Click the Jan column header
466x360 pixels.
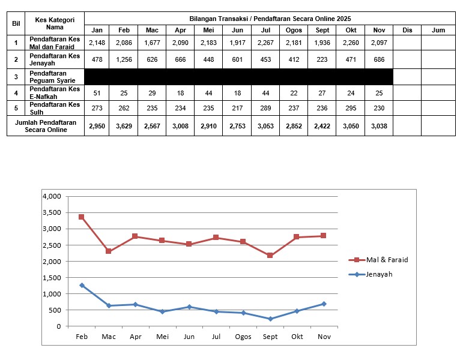click(x=96, y=30)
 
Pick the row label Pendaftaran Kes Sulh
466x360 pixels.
click(x=55, y=109)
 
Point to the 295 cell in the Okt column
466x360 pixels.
click(x=351, y=109)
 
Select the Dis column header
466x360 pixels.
click(x=407, y=30)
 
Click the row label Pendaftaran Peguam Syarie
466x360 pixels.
click(x=55, y=76)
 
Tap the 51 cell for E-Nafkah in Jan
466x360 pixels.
click(x=96, y=92)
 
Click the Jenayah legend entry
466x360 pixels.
click(x=374, y=274)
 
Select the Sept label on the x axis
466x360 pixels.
click(x=270, y=337)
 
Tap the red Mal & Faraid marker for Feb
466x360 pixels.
click(x=81, y=217)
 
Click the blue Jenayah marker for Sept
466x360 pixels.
click(x=270, y=319)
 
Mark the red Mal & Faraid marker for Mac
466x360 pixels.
click(x=108, y=251)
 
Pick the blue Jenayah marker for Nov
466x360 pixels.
click(x=324, y=304)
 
